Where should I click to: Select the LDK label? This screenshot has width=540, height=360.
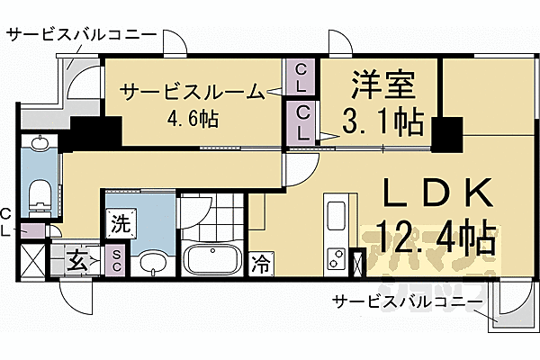point(439,194)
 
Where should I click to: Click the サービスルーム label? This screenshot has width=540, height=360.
point(192,91)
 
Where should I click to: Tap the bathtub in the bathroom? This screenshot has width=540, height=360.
point(212,261)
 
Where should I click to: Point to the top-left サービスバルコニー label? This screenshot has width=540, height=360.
point(82,36)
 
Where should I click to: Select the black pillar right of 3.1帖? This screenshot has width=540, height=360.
point(445,135)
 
